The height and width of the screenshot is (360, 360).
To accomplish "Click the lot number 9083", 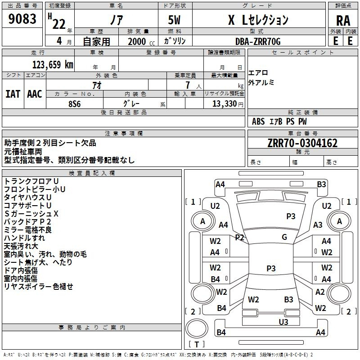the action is pos(22,18).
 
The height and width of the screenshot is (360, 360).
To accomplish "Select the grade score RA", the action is pos(343,21).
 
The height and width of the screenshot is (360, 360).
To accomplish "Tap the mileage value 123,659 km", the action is pos(53,64).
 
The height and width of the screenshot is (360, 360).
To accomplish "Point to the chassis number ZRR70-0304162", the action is pos(302,143).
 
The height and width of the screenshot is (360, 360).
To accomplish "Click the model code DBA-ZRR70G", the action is pos(258,41).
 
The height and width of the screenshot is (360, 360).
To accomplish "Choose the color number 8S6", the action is pos(75,104).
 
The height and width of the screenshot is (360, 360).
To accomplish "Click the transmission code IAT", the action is pos(13,94).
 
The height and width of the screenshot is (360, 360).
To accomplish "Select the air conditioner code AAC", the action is pos(35,94).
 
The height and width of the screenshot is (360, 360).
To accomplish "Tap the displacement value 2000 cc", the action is pos(141,41).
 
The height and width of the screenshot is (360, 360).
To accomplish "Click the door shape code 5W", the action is pos(174,20).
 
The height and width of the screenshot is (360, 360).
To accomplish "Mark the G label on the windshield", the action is pos(284,237).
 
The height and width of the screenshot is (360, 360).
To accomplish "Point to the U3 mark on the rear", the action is pos(283,322).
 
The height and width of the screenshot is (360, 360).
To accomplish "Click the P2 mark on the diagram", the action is pos(239,238).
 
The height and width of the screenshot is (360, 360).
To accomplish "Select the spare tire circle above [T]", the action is pos(197,328).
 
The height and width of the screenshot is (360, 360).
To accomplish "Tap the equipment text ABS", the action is pos(258,121).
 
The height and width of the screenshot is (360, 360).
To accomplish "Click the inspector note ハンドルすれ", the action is pos(24,238).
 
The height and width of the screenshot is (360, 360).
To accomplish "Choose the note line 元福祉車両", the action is pos(23,152).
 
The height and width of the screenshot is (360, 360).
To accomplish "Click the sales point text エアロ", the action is pos(258,73).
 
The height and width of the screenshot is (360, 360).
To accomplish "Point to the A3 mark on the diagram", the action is pos(318,225).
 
